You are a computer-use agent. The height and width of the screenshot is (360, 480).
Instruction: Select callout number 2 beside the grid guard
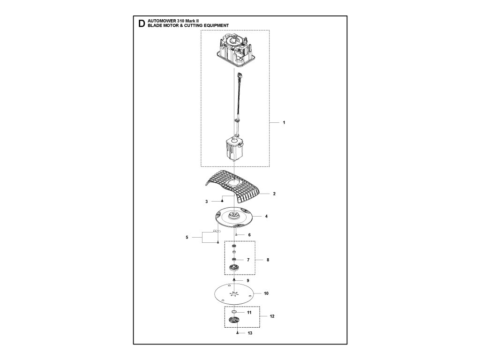pos(274,193)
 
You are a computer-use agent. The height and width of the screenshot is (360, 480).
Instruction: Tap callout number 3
pos(206,202)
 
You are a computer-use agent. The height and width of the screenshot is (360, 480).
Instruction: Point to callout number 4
pos(266,217)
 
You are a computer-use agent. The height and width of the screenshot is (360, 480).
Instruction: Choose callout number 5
pos(187,238)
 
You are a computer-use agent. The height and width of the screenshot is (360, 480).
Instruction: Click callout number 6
pos(249,234)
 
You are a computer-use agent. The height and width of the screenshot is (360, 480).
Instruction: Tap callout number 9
pos(248,280)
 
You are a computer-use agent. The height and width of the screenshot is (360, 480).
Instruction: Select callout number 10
pos(266,294)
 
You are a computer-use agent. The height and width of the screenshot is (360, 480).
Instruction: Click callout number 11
pos(249,312)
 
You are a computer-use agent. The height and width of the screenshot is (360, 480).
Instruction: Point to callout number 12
pos(272,316)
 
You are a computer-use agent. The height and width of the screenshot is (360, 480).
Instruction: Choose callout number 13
pos(250,333)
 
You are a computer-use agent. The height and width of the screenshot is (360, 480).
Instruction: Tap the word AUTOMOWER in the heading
pos(161,22)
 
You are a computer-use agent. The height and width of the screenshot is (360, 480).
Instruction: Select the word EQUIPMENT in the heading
pos(213,26)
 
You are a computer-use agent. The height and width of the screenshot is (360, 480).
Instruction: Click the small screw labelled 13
pos(238,333)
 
